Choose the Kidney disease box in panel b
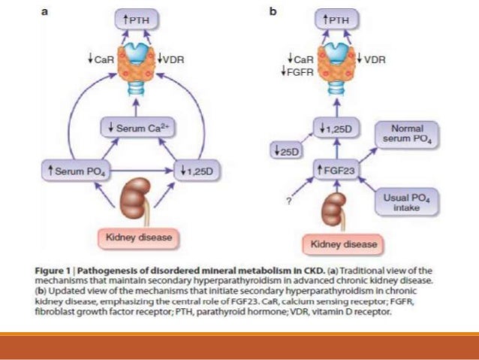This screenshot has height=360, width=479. click(338, 244)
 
